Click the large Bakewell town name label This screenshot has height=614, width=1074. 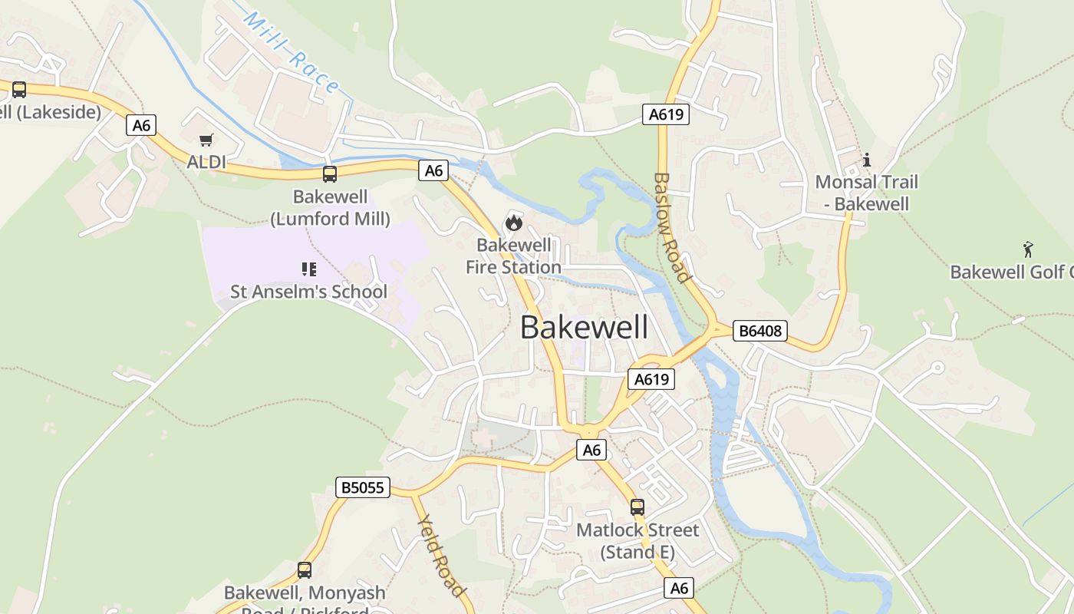pyautogui.click(x=584, y=327)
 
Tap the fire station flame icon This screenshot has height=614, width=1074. pyautogui.click(x=513, y=223)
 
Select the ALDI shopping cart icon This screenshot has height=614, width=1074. pyautogui.click(x=206, y=140)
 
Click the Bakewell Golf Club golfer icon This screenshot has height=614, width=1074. pyautogui.click(x=1028, y=249)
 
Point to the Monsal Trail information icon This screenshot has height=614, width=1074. pyautogui.click(x=867, y=160)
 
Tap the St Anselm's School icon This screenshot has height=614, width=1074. pyautogui.click(x=309, y=269)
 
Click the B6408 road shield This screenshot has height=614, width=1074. pyautogui.click(x=759, y=331)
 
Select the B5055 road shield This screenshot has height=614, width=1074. pyautogui.click(x=363, y=487)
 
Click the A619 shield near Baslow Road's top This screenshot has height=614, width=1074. pyautogui.click(x=665, y=114)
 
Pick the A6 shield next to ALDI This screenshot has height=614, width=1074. pyautogui.click(x=141, y=125)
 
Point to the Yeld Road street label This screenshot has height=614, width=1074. pyautogui.click(x=441, y=555)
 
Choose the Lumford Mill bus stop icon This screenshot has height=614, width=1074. pyautogui.click(x=330, y=174)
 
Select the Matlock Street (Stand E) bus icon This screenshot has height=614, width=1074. pyautogui.click(x=637, y=507)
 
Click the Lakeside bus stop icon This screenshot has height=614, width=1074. pyautogui.click(x=19, y=90)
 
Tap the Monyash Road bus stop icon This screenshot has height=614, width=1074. pyautogui.click(x=305, y=570)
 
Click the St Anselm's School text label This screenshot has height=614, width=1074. pyautogui.click(x=309, y=292)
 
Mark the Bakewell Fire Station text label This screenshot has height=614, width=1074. pyautogui.click(x=514, y=256)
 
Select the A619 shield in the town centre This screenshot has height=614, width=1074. pyautogui.click(x=651, y=378)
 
